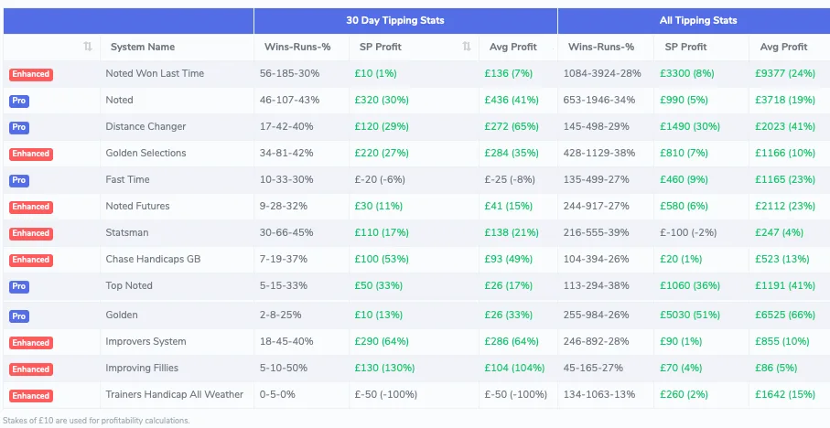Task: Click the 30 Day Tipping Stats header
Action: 405,20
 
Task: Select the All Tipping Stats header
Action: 697,20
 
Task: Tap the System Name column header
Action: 142,47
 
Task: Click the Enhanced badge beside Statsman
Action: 31,233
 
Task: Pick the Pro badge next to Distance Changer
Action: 19,127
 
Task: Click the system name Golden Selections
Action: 146,153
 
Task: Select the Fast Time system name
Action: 127,179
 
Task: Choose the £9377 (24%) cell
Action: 784,73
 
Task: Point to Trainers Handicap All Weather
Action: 175,394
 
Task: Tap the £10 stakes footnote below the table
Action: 96,421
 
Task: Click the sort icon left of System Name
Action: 88,47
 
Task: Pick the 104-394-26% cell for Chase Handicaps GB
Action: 599,259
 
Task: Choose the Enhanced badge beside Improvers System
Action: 31,342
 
